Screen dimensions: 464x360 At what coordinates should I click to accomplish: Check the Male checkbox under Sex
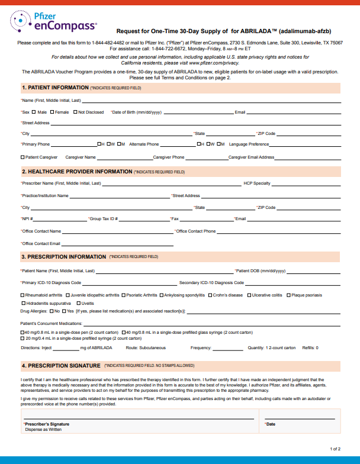35,112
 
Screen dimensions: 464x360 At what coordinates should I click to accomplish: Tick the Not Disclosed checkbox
75,112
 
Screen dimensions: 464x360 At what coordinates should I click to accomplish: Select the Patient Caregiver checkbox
22,157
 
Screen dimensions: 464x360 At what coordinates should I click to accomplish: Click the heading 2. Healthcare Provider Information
77,172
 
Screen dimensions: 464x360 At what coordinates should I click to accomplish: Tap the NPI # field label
26,219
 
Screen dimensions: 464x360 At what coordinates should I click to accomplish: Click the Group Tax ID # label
104,219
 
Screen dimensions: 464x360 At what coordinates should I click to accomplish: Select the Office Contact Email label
41,243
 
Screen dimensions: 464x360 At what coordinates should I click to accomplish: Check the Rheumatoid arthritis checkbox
22,295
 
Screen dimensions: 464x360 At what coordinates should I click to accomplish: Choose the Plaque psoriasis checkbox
287,295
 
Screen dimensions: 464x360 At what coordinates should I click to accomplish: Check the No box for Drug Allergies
52,311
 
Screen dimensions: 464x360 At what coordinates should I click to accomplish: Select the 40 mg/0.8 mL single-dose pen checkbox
22,332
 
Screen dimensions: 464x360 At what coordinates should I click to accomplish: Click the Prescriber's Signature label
47,424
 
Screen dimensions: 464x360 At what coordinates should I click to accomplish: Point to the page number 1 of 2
335,449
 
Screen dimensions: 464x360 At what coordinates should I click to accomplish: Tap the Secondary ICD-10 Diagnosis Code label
211,283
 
